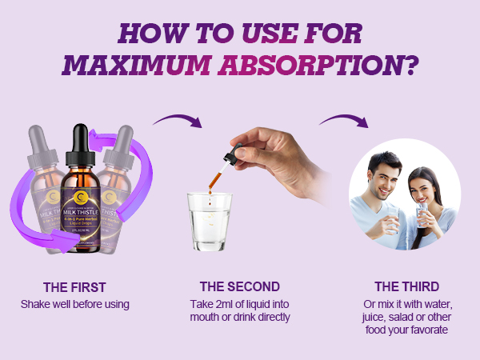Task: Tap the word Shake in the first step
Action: point(34,304)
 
